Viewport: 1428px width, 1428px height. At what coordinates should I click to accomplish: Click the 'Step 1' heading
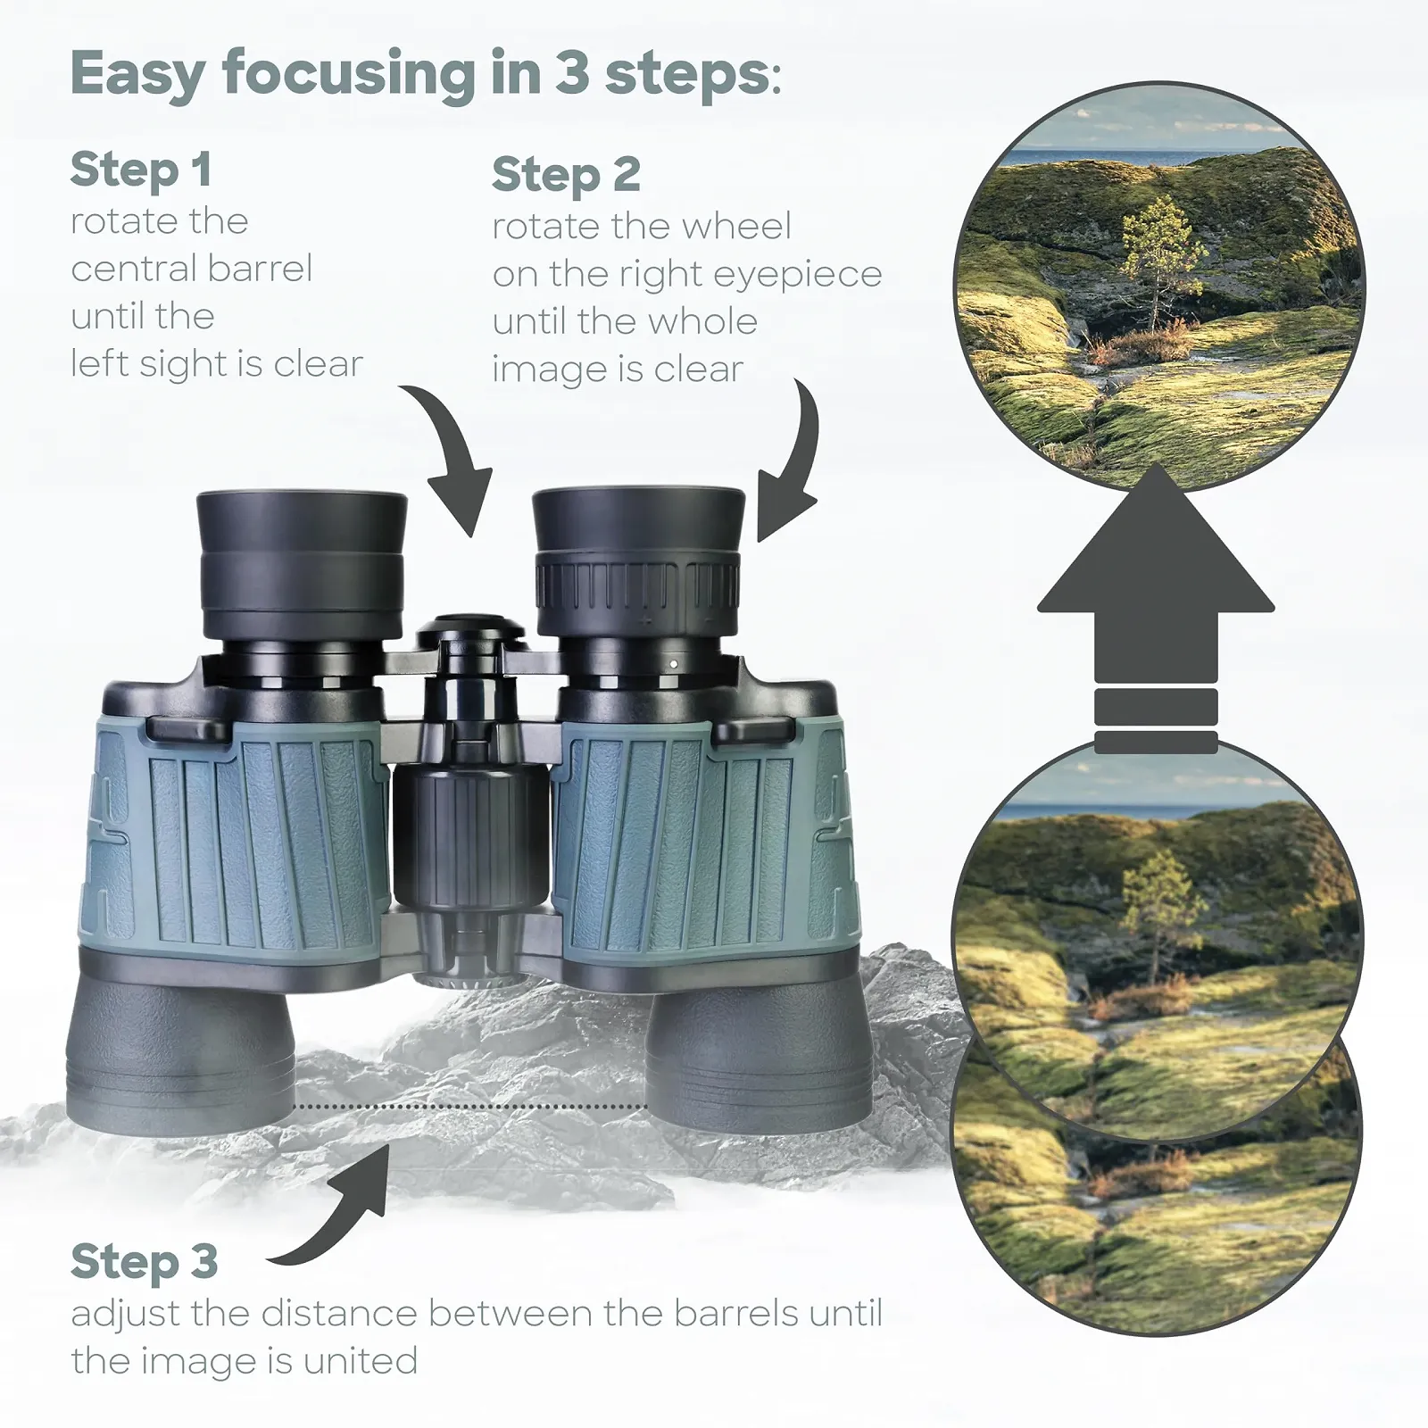pyautogui.click(x=141, y=170)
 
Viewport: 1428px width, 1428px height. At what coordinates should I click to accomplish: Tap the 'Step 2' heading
pyautogui.click(x=566, y=175)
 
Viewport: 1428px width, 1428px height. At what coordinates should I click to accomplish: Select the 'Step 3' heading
pyautogui.click(x=145, y=1262)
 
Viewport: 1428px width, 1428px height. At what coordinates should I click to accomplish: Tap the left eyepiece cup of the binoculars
pyautogui.click(x=302, y=562)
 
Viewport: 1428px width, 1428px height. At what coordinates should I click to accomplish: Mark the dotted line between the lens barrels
pyautogui.click(x=470, y=1107)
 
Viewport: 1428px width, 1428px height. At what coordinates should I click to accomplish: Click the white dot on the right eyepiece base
pyautogui.click(x=672, y=664)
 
